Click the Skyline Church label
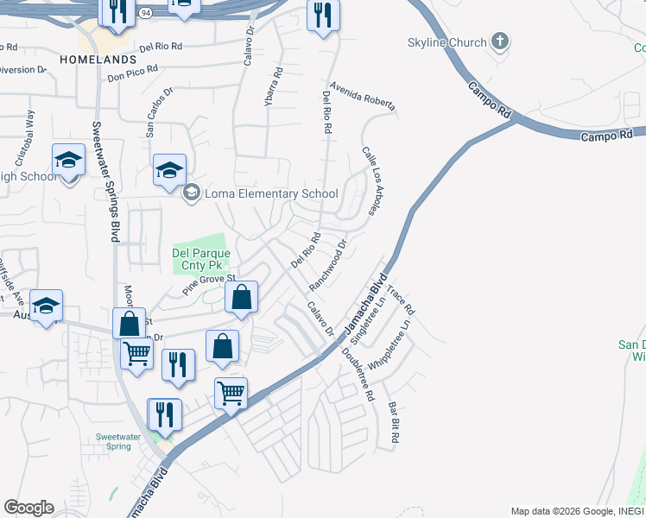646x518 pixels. click(x=446, y=42)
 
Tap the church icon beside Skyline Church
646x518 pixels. click(x=499, y=41)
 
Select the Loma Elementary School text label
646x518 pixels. click(x=270, y=193)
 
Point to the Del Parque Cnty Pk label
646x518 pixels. click(x=201, y=259)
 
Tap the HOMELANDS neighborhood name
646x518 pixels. click(x=98, y=59)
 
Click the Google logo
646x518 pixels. click(x=28, y=508)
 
